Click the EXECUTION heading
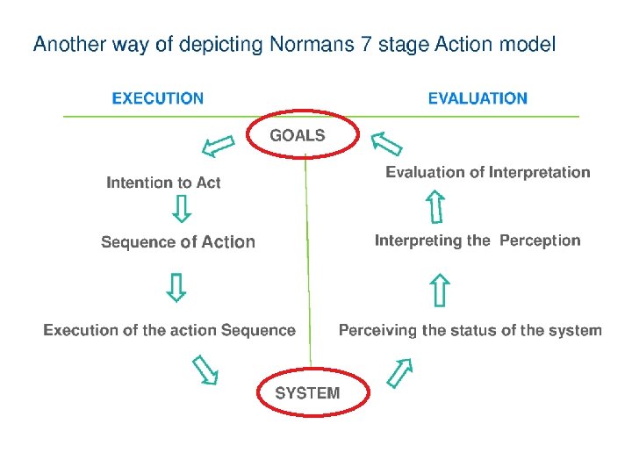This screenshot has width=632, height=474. click(158, 98)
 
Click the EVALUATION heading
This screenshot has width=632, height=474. click(478, 98)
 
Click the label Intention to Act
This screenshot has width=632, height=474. click(163, 183)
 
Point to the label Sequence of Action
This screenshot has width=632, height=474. click(178, 242)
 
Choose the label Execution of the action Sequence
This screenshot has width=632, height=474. click(169, 330)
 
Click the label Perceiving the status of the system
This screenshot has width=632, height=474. click(470, 330)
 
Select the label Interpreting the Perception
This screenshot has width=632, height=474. click(478, 241)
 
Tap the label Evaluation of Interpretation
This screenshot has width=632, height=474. click(488, 172)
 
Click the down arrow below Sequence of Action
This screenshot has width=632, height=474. click(176, 286)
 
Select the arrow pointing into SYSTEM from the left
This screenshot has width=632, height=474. click(205, 370)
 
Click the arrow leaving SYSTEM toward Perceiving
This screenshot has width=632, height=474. click(400, 372)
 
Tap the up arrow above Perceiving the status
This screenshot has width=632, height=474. click(440, 291)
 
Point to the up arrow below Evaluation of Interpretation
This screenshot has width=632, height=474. click(434, 207)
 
